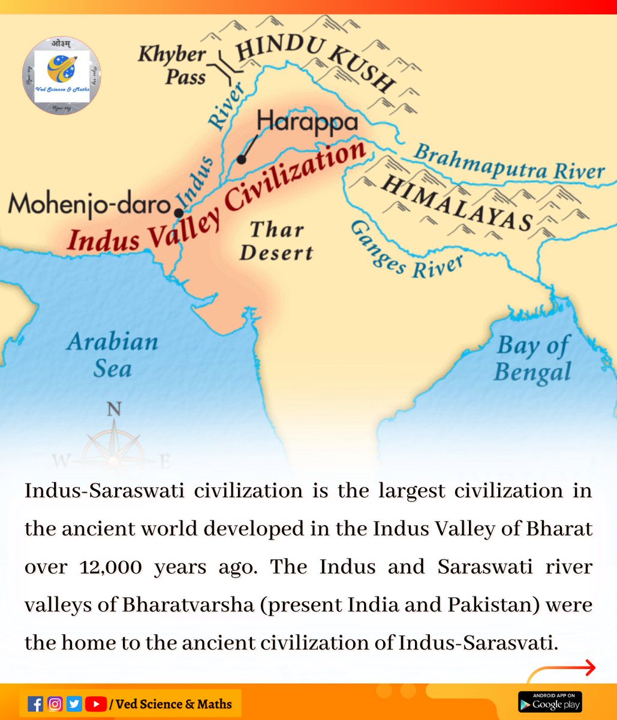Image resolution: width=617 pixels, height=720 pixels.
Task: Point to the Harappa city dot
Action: tap(241, 160)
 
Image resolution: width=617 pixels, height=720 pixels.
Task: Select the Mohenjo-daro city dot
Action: tap(178, 213)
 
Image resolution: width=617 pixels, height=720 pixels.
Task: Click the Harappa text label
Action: tap(308, 122)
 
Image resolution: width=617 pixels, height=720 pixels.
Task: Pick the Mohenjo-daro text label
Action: tap(87, 205)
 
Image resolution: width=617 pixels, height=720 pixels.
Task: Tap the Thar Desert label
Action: tap(276, 241)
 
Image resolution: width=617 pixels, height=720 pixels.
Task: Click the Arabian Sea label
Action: tap(112, 355)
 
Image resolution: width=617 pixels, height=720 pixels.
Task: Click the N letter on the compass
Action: tap(113, 409)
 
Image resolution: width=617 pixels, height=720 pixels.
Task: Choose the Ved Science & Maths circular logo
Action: tap(62, 76)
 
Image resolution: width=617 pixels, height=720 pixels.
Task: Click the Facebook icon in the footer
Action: tap(36, 703)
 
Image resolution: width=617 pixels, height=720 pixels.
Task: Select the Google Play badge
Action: tap(550, 702)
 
